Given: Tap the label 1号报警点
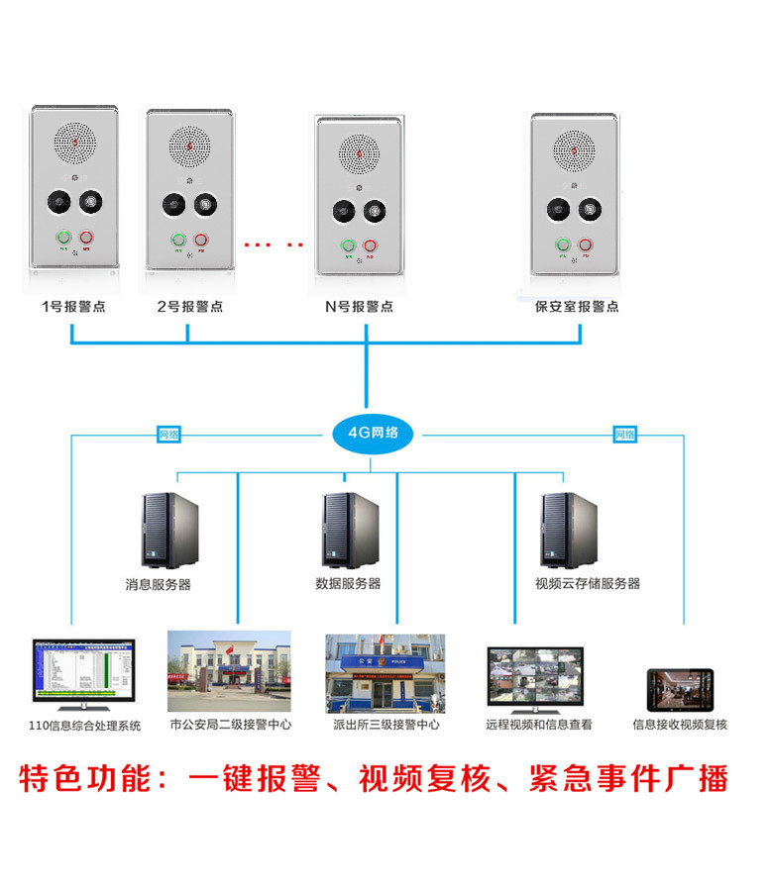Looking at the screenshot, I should [x=73, y=306].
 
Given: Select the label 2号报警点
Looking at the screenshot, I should [x=189, y=306].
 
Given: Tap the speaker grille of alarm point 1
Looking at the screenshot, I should [x=75, y=146].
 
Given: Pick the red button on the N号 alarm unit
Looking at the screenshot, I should [x=371, y=246].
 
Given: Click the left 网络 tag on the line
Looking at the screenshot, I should [x=169, y=434].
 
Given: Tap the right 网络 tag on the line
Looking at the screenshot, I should [x=624, y=434].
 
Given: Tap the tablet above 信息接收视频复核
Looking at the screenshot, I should [x=680, y=689].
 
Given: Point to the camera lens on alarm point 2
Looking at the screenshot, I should [x=172, y=205].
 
